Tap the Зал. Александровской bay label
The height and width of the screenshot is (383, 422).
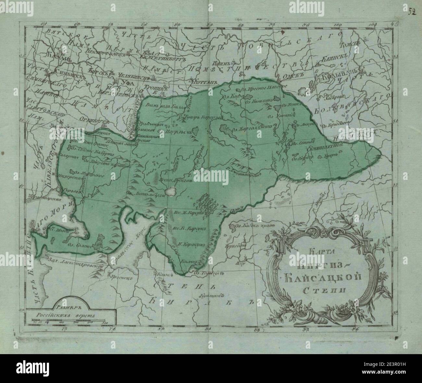click(77, 264)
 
